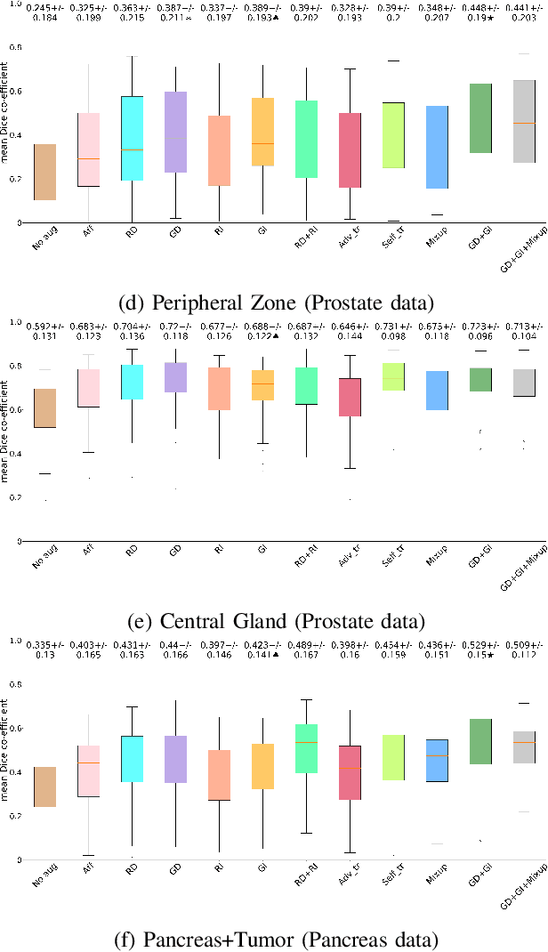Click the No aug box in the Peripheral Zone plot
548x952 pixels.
(x=45, y=172)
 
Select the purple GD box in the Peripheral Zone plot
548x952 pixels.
(x=175, y=132)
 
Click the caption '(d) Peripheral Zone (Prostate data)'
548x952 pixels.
(x=273, y=276)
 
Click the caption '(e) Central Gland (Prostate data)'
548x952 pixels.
(x=273, y=594)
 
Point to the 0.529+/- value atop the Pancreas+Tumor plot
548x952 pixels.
(x=479, y=643)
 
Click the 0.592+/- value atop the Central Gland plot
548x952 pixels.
(x=45, y=325)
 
